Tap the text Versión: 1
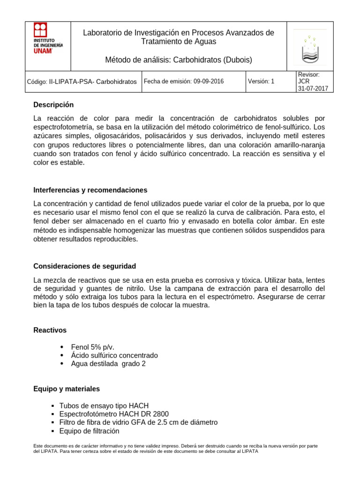point(261,82)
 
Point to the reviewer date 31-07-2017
point(313,88)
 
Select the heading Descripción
point(53,105)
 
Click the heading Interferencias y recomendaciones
point(90,190)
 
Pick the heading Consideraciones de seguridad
point(84,266)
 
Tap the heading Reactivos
point(50,330)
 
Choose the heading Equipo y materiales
point(67,389)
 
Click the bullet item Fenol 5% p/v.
point(93,347)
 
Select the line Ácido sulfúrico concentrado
point(114,355)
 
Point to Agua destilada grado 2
point(108,364)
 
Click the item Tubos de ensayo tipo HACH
point(104,405)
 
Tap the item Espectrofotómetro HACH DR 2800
point(114,414)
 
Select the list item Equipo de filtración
point(89,431)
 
